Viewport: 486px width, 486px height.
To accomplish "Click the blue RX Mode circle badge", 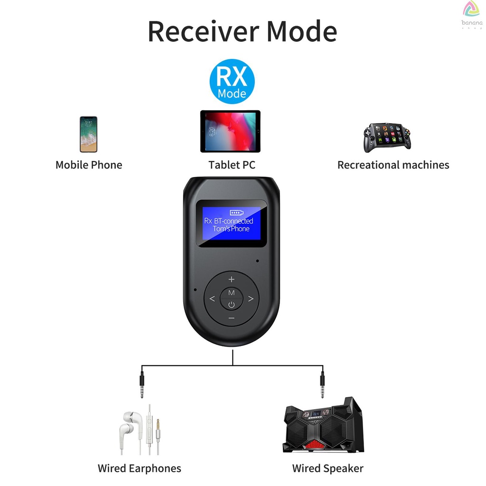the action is point(232,81).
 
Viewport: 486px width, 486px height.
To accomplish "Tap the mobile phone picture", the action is point(89,134).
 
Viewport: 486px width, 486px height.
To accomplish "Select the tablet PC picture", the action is point(230,131).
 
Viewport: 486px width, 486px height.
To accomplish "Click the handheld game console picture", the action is point(387,137).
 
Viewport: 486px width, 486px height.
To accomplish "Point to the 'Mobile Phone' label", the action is point(89,165).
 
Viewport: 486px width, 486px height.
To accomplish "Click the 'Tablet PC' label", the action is point(232,165).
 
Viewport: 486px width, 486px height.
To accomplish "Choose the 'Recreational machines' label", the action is point(393,165).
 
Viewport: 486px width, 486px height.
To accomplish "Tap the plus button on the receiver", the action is point(232,279).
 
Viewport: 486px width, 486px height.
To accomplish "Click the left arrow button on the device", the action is point(212,299).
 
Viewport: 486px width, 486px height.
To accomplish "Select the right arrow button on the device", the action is point(251,299).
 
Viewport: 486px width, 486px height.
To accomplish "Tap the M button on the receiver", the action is point(232,292).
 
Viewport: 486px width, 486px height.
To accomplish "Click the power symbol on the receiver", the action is point(232,305).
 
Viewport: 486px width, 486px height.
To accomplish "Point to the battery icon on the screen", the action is point(237,213).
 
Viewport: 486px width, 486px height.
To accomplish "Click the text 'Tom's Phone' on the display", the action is point(231,229).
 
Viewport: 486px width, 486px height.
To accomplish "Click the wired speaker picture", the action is point(323,425).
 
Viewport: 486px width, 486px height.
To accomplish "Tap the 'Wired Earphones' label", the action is point(140,468).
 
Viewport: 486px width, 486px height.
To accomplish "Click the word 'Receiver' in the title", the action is point(203,31).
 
